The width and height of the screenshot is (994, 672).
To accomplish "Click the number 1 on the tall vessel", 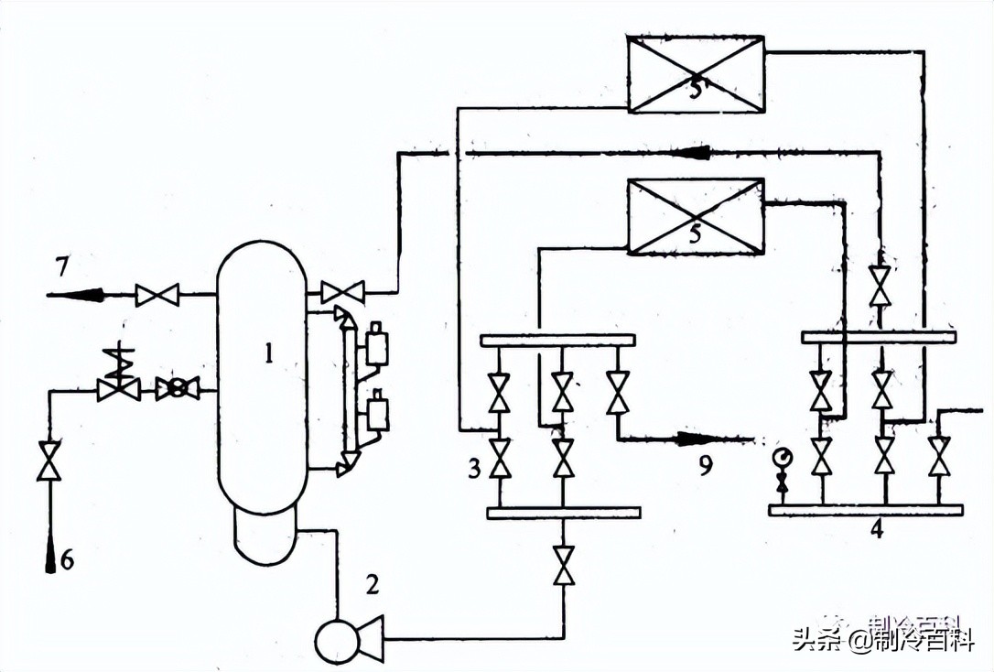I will point(268,352).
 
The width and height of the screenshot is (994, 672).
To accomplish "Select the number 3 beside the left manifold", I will point(473,470).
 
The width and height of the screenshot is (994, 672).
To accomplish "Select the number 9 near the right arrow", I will point(704,467).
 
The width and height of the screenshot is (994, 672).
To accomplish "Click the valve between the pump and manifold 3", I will point(564,562).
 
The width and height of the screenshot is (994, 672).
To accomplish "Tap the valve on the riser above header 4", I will point(880,286).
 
